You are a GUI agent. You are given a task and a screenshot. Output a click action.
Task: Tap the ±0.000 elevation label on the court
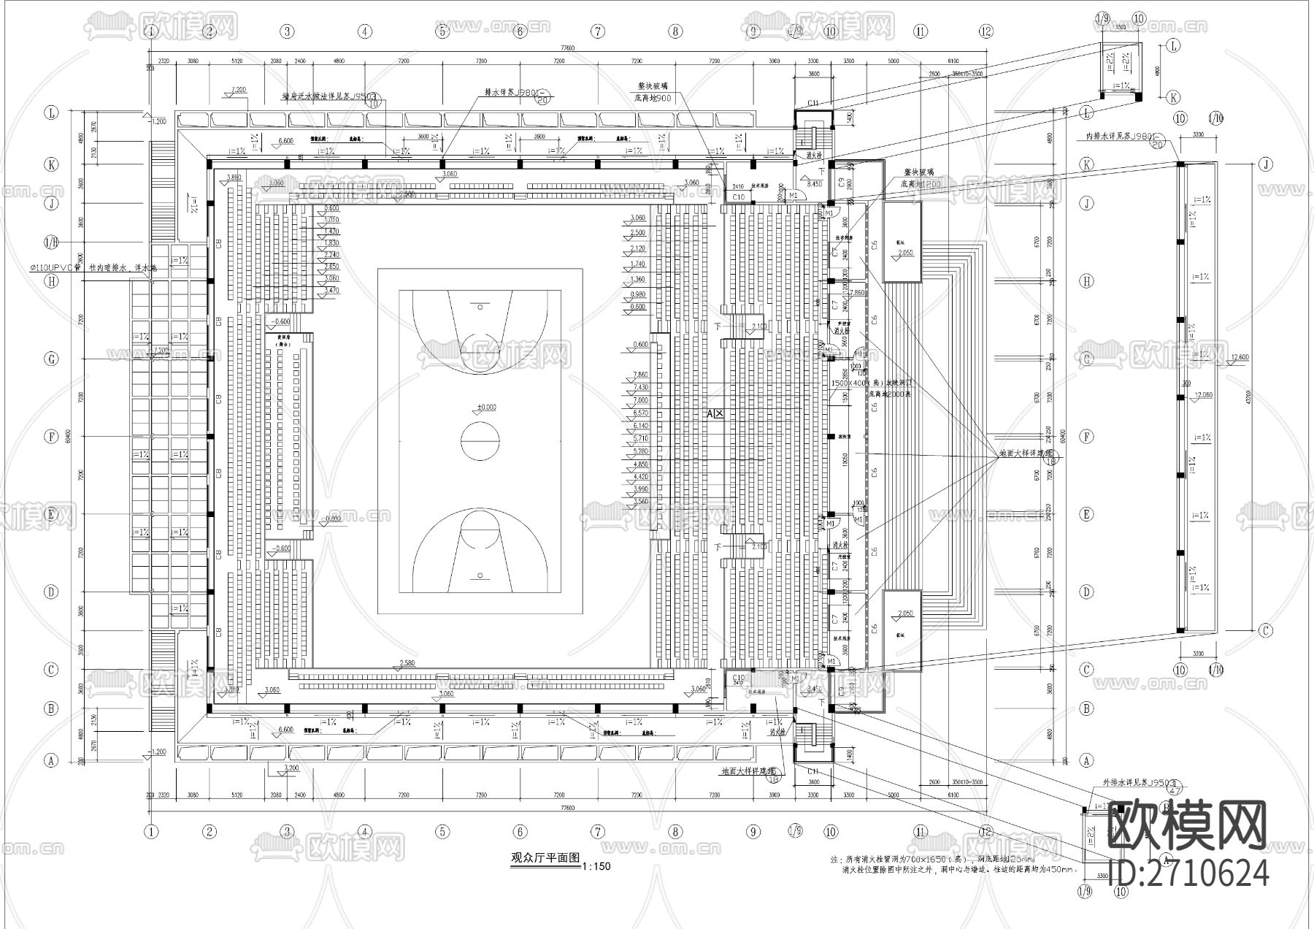(486, 407)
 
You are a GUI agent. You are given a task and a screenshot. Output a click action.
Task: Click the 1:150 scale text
(596, 867)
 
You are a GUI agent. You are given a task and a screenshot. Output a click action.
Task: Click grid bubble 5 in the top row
(442, 31)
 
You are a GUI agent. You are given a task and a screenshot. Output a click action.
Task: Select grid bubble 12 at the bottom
(987, 831)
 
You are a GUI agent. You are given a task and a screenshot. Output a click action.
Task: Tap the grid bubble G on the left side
(51, 359)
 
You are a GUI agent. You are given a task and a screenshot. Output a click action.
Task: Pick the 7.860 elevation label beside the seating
(640, 374)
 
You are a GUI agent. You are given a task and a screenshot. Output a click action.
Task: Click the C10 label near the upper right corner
(738, 197)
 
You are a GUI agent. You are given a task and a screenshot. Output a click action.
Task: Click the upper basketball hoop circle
(480, 307)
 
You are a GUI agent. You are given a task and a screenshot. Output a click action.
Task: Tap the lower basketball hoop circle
(480, 576)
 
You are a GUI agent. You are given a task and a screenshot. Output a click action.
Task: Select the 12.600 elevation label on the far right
(1240, 357)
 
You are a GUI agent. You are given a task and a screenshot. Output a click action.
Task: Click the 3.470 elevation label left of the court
(331, 291)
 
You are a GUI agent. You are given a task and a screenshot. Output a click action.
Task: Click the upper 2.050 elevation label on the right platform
(905, 253)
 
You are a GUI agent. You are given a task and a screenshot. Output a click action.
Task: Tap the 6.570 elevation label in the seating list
(640, 413)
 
